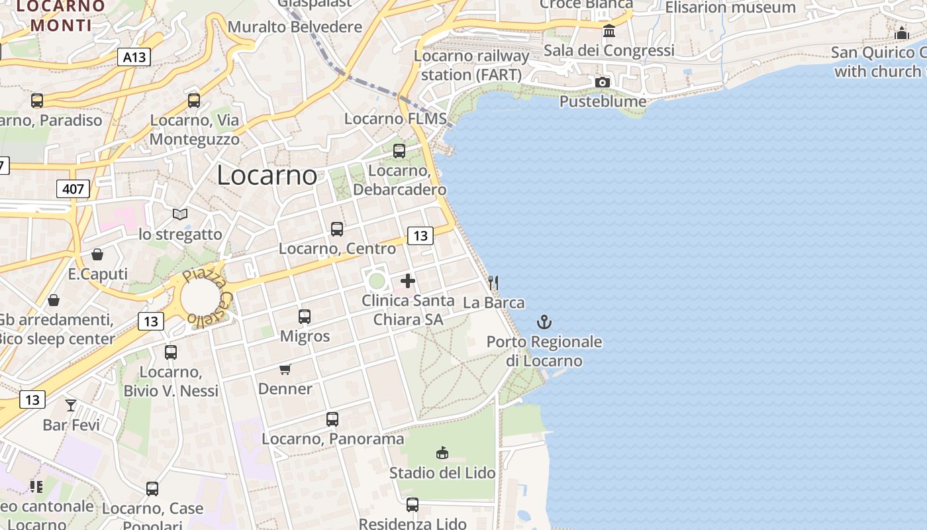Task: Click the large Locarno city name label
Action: click(267, 175)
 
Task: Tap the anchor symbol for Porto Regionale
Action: click(544, 323)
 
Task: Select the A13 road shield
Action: click(134, 57)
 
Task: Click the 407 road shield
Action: click(73, 189)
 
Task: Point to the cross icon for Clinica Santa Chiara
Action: click(408, 281)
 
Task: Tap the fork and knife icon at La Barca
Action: click(493, 283)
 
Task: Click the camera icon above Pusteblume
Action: click(603, 82)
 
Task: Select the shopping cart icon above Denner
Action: click(285, 369)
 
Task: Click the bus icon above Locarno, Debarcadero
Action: click(399, 151)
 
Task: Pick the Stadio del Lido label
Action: click(442, 473)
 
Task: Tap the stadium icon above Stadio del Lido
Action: click(442, 453)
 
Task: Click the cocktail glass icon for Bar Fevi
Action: click(71, 405)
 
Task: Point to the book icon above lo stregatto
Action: click(180, 214)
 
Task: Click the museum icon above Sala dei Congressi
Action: click(609, 30)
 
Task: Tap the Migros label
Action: click(305, 336)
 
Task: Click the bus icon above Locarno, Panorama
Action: click(332, 419)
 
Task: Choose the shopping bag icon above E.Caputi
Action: click(97, 254)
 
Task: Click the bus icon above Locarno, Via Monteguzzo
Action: click(194, 101)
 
